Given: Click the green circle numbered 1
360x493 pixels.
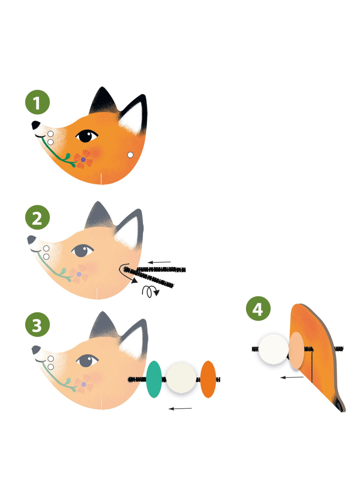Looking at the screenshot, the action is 37,102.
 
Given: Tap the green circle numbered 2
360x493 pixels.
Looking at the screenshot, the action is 37,217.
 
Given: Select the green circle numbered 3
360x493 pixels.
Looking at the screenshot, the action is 37,324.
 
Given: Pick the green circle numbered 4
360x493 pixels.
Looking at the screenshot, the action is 258,309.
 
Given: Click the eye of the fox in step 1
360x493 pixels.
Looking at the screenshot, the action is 86,136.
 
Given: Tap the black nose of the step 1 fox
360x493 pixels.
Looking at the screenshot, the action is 36,125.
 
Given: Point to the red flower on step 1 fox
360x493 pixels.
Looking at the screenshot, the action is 83,159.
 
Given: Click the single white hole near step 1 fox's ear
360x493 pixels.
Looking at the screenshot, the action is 130,155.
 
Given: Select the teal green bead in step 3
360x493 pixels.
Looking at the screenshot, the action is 154,379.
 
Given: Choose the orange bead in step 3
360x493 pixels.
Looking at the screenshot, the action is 208,379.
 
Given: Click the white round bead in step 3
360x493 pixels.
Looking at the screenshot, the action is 181,378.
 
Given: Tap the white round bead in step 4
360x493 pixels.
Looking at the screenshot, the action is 274,349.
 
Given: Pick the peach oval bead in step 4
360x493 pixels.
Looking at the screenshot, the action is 296,350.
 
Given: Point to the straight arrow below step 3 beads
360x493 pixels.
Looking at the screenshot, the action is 180,409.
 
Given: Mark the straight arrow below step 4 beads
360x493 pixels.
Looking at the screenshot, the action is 292,377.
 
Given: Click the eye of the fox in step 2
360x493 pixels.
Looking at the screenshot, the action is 82,250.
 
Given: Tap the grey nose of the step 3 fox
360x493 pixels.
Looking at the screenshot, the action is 36,350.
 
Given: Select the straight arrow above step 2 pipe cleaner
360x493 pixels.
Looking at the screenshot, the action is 159,262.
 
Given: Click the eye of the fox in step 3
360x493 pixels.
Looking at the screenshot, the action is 87,360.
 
